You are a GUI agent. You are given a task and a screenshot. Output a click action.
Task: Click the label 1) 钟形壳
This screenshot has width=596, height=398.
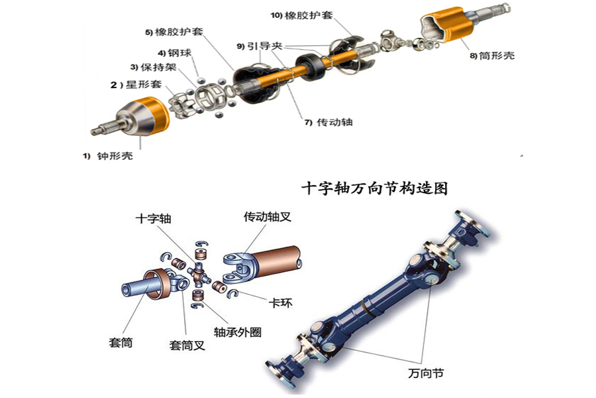click(108, 156)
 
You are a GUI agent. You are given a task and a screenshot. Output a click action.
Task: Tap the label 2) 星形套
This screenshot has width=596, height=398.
click(136, 84)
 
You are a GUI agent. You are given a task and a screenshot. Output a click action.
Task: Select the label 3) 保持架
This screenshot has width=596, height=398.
click(153, 68)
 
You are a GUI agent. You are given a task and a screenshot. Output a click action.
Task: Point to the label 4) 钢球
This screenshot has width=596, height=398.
click(175, 53)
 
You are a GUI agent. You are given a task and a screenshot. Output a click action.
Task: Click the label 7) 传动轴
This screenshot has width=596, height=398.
click(328, 122)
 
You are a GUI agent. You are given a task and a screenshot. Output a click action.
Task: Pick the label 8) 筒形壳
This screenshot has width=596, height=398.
click(492, 56)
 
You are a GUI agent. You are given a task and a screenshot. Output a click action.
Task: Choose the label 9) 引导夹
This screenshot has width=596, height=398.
click(260, 46)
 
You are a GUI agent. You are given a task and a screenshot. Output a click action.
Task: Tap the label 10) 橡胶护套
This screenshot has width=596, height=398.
click(302, 15)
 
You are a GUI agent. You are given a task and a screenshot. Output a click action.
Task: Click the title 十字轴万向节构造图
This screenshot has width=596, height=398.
click(374, 188)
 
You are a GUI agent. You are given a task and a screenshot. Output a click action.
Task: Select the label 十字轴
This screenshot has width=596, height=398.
click(153, 219)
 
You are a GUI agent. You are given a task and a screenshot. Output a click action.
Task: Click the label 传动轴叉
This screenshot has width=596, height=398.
click(268, 217)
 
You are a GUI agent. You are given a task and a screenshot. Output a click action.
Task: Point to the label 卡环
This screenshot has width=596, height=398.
click(281, 303)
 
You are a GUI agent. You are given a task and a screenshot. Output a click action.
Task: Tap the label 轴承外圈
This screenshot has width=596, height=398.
click(238, 332)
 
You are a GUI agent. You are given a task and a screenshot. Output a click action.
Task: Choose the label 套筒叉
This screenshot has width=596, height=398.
click(187, 346)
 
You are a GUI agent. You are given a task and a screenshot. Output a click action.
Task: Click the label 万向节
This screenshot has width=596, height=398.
click(426, 373)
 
